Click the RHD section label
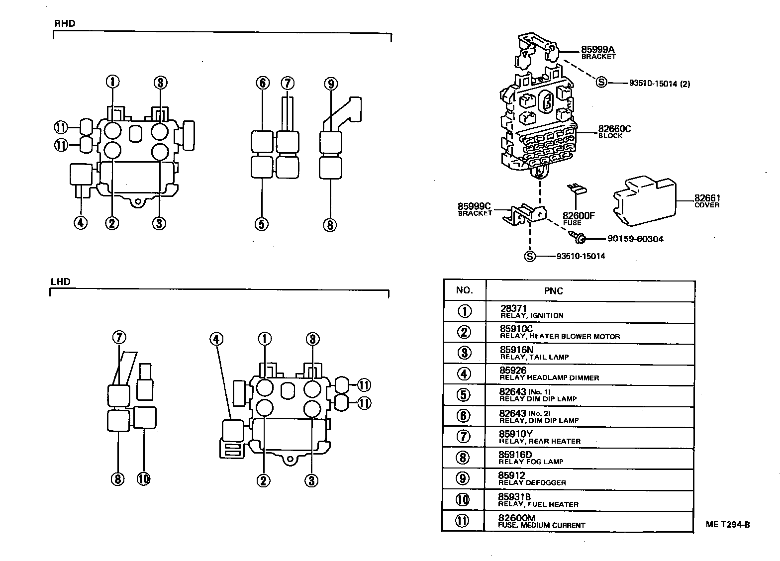(x=64, y=23)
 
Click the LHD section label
(x=61, y=281)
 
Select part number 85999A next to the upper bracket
(x=598, y=49)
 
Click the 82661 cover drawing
(x=644, y=198)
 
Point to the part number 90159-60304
(x=635, y=239)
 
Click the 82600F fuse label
(x=579, y=216)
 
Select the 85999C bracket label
(x=474, y=206)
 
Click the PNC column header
(x=553, y=291)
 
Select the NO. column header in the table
(x=464, y=290)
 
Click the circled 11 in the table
(x=463, y=521)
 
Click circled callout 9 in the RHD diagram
(x=331, y=84)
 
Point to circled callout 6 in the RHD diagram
(x=263, y=83)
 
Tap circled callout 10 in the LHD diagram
(x=143, y=479)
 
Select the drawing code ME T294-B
(x=727, y=524)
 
